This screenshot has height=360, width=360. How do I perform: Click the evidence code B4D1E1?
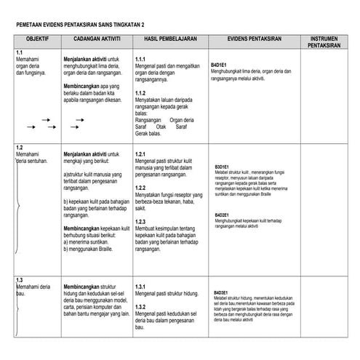click(219, 65)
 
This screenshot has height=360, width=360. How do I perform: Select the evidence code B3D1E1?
click(223, 167)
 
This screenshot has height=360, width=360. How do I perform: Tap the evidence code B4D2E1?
click(223, 215)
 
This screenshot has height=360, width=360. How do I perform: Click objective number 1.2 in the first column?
click(20, 148)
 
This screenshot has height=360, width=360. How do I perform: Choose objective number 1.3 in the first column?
click(20, 281)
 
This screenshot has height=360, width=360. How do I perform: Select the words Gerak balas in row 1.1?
click(149, 134)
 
